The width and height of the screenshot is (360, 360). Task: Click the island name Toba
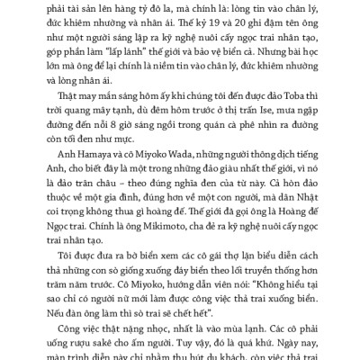coord(277,103)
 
